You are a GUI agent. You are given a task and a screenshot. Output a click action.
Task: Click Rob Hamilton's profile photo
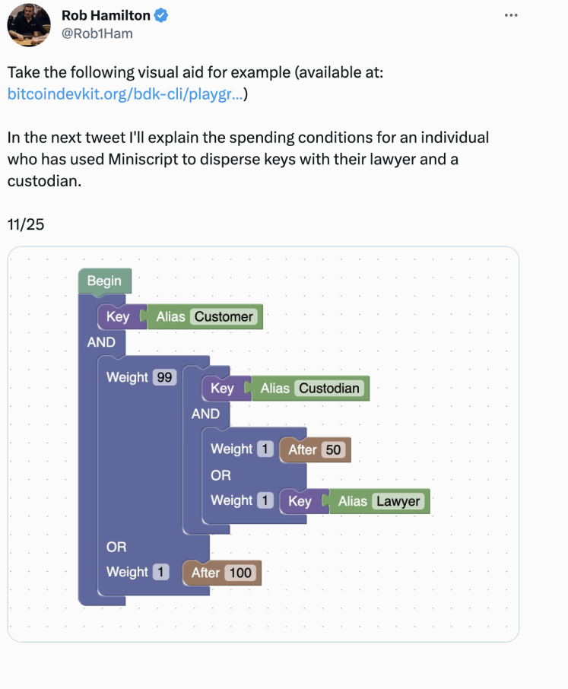point(29,24)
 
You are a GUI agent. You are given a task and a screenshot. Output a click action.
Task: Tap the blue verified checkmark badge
point(161,15)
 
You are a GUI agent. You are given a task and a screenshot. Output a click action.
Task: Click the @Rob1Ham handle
point(97,33)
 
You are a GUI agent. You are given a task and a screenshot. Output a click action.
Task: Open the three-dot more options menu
point(511,15)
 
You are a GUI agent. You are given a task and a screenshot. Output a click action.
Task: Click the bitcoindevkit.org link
point(125,94)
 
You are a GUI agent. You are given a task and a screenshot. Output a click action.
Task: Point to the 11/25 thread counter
point(26,224)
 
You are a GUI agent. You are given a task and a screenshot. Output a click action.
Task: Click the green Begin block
point(104,281)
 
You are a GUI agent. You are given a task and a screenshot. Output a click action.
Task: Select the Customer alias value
point(224,317)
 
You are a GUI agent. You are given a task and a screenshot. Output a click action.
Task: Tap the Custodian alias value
point(329,389)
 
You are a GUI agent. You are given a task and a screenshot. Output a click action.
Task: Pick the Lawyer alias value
point(398,501)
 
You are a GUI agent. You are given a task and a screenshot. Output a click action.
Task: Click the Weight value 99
point(164,377)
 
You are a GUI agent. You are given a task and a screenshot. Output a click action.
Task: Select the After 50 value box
point(333,450)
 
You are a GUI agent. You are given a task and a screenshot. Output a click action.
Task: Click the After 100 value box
point(240,573)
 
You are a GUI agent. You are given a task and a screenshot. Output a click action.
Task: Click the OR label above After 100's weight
point(116,547)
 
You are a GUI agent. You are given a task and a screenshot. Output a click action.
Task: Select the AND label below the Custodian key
point(205,414)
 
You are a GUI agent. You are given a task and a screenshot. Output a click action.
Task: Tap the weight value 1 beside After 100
point(160,572)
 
